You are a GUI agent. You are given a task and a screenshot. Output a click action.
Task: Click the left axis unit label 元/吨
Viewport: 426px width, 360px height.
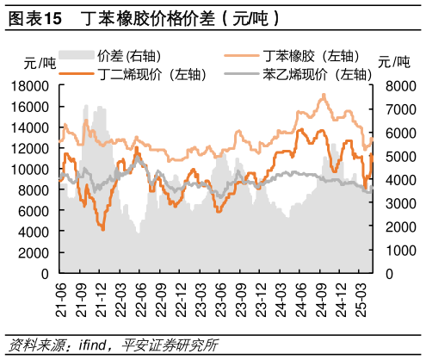pyautogui.click(x=40, y=62)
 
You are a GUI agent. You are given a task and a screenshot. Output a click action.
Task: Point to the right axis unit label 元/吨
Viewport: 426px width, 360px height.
pyautogui.click(x=395, y=62)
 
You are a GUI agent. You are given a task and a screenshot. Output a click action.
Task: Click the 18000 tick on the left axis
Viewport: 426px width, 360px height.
pyautogui.click(x=29, y=86)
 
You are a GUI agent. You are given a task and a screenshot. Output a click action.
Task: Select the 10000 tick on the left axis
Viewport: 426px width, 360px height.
pyautogui.click(x=29, y=170)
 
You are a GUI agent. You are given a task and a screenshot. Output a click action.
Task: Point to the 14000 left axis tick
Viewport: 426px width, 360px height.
pyautogui.click(x=29, y=127)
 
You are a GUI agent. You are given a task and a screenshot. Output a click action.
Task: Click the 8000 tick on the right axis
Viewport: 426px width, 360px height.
pyautogui.click(x=400, y=86)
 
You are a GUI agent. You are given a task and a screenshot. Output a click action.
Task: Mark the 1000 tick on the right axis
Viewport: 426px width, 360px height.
pyautogui.click(x=400, y=251)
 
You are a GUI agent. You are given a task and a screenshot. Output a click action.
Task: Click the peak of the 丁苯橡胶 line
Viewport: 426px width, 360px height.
pyautogui.click(x=324, y=95)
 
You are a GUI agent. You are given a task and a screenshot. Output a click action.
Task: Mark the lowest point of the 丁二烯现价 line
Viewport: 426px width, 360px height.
pyautogui.click(x=103, y=230)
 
